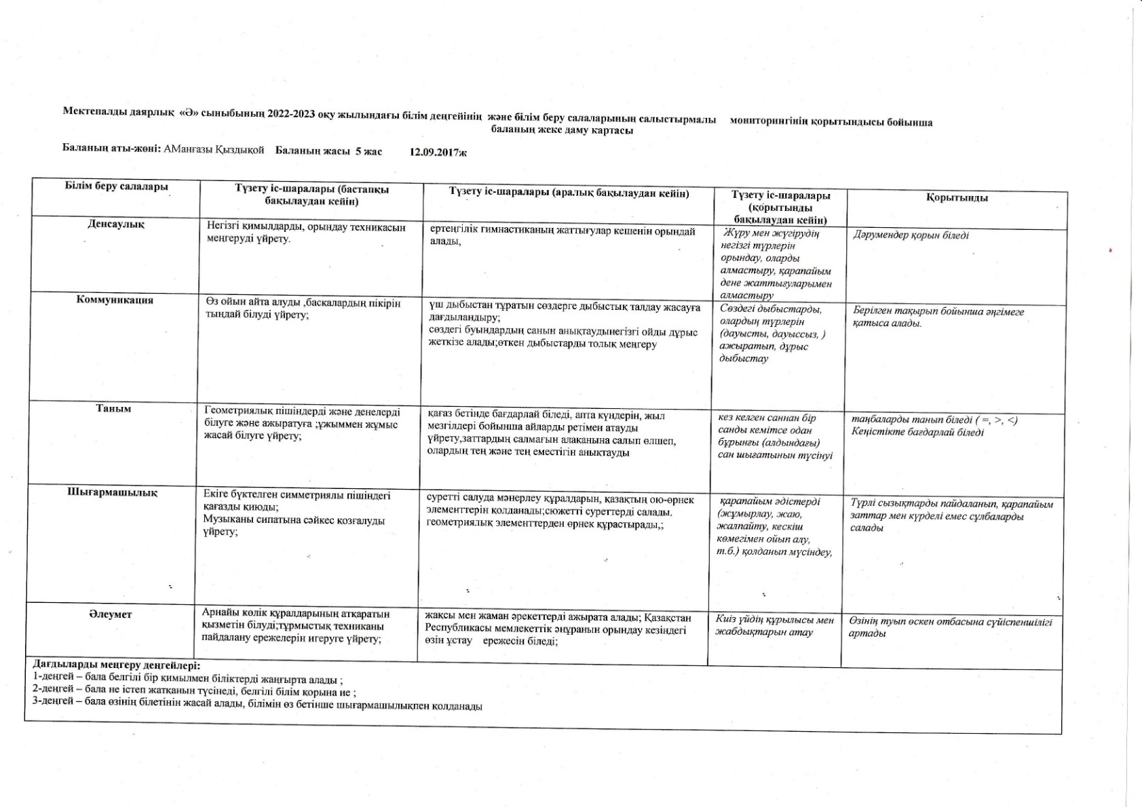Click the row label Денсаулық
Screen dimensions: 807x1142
pos(115,224)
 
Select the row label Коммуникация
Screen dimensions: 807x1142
pos(115,300)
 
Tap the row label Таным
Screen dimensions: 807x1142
pos(113,408)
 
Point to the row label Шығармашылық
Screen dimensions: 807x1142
pos(113,493)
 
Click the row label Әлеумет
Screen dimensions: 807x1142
pos(110,614)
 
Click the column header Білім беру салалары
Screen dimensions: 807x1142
pos(117,186)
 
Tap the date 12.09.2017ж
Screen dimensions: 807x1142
pos(438,152)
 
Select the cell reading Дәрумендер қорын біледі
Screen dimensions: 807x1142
pos(911,235)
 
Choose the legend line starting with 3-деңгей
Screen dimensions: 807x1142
pos(258,706)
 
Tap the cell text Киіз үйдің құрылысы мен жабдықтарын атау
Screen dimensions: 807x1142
pos(774,626)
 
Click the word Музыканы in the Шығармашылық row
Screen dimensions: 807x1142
pos(223,520)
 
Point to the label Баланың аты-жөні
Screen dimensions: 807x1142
pos(111,150)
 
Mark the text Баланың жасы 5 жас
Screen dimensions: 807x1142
pos(328,151)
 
